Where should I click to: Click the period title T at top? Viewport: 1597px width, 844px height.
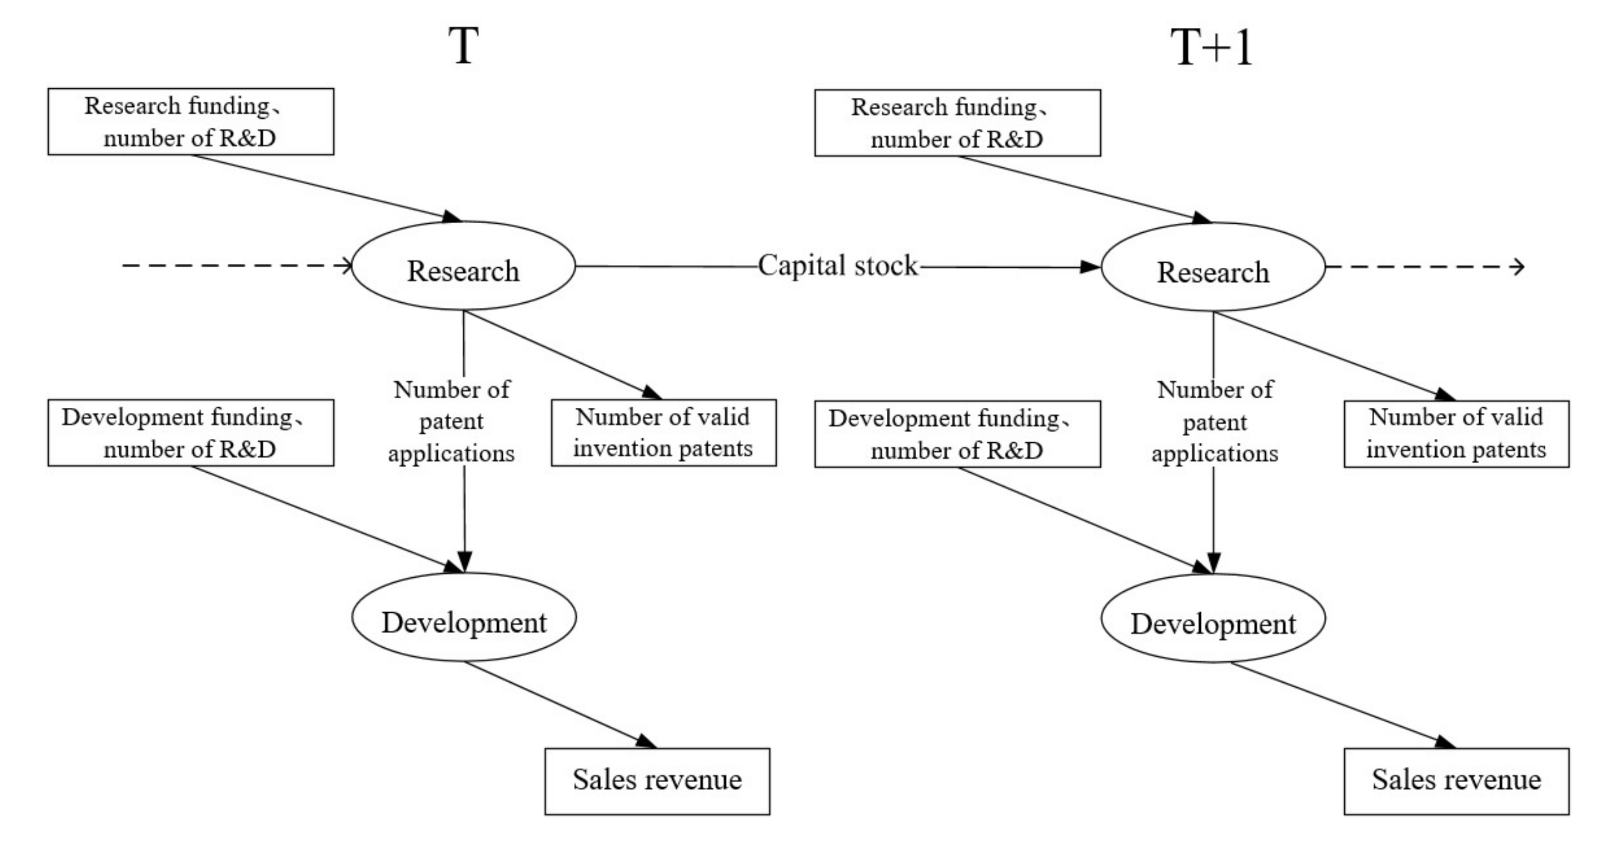(x=464, y=47)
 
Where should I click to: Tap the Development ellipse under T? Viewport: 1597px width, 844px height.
(x=464, y=617)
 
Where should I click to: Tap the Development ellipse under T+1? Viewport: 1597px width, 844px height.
(x=1212, y=618)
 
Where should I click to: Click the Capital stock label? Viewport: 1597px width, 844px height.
(x=837, y=266)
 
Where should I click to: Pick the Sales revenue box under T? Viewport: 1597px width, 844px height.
(x=657, y=781)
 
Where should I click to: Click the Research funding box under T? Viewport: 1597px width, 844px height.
(x=190, y=121)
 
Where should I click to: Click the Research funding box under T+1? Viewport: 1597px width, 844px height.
(x=957, y=123)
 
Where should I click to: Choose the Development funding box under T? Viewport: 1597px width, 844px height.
(x=190, y=433)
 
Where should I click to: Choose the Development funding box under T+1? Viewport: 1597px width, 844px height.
(x=957, y=434)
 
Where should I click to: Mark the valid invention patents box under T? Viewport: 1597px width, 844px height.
(x=664, y=433)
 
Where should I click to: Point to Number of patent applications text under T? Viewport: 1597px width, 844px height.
(x=452, y=421)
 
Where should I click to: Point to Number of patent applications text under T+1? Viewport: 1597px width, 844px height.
(x=1214, y=421)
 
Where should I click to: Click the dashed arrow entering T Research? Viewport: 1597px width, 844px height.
(x=235, y=266)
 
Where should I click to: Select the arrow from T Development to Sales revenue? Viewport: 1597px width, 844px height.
(x=558, y=704)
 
